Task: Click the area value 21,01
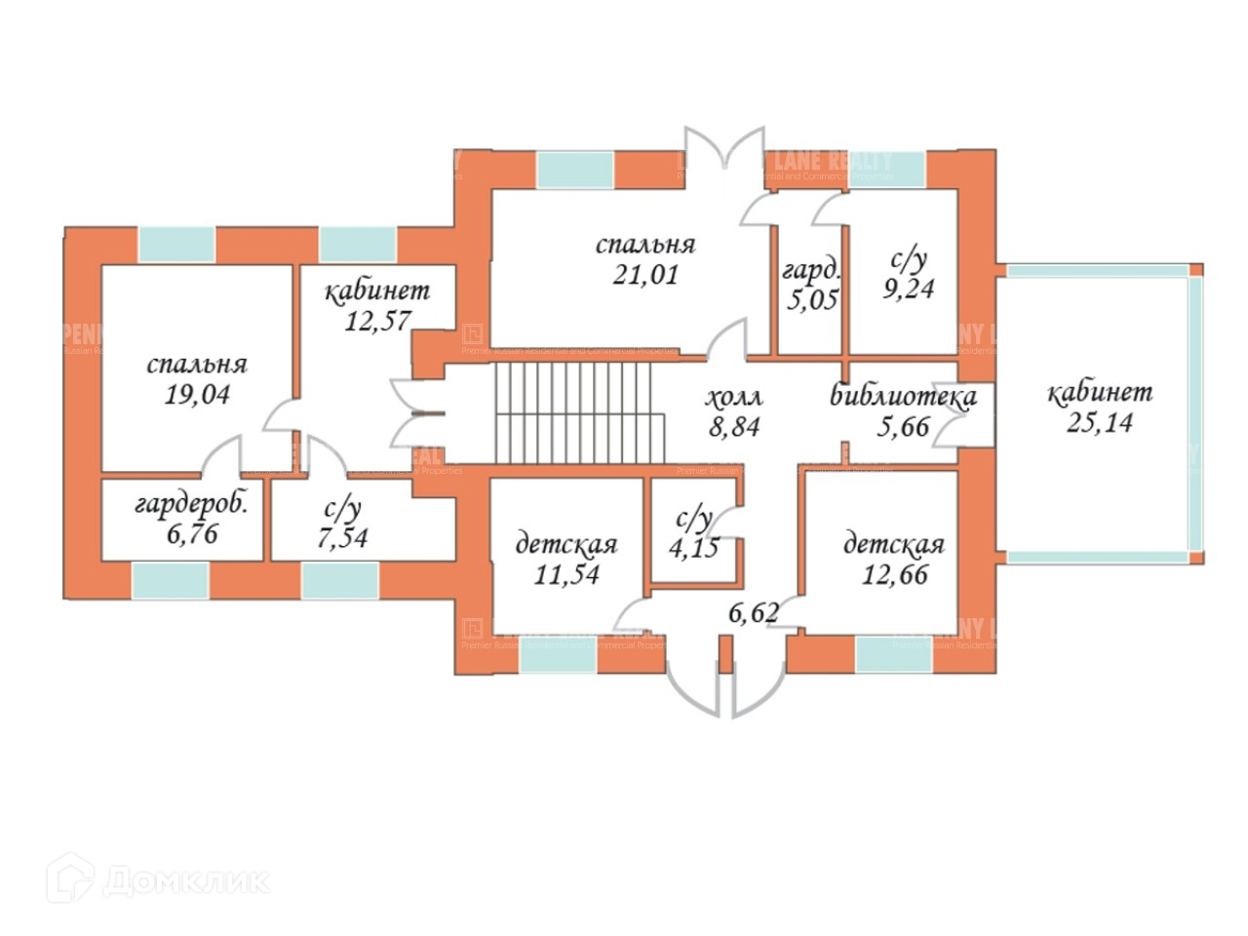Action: coord(644,275)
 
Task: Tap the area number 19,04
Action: coord(197,394)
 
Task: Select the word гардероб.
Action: coord(191,504)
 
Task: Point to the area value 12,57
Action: coord(376,320)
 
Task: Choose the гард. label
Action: coord(810,270)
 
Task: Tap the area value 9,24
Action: coord(908,289)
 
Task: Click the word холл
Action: coord(733,397)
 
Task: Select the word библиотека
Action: coord(903,396)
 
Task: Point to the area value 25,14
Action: coord(1100,422)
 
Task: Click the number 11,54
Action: coord(566,573)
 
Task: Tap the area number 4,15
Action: coord(693,546)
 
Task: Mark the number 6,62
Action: coord(754,612)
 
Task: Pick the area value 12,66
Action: coord(894,573)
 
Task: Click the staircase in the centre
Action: coord(579,413)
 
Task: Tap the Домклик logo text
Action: coord(185,881)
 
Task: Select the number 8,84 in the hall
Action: coord(733,426)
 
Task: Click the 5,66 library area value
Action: coord(903,426)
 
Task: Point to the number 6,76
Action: coord(191,533)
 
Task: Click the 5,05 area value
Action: coord(811,298)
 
